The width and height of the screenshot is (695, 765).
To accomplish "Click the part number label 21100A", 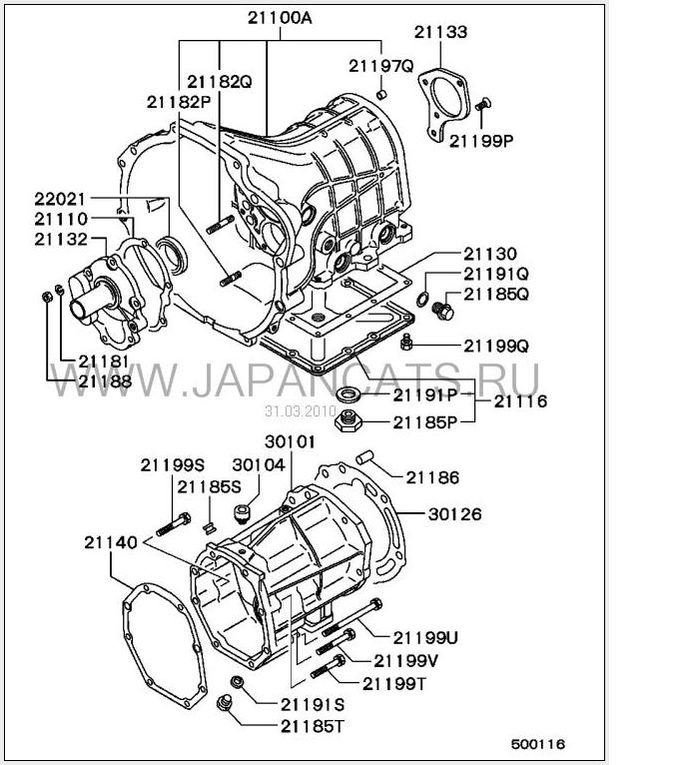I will tap(280, 16).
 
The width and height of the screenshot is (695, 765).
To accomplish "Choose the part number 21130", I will tap(489, 254).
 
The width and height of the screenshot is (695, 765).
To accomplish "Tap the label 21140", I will tap(111, 541).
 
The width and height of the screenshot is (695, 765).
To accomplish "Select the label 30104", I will tap(259, 464).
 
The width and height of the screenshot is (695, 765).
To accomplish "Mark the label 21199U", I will tap(424, 637).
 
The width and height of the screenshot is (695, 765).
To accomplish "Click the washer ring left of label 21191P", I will tap(349, 393).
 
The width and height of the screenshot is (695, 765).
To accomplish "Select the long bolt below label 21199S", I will tap(175, 523).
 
